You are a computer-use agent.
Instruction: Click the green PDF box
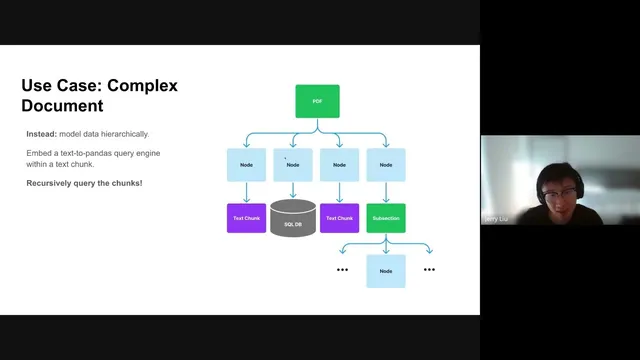[317, 101]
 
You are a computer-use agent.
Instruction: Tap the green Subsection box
[386, 218]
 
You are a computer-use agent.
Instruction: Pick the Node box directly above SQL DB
[293, 165]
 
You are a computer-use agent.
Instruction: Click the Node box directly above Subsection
[386, 165]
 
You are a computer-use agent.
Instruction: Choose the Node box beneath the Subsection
[386, 270]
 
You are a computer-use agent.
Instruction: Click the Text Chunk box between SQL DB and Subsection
[339, 218]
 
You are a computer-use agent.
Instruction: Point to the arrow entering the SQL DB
[293, 192]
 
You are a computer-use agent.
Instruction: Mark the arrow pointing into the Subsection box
[386, 195]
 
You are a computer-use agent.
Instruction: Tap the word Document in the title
[62, 105]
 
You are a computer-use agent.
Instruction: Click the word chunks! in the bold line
[126, 183]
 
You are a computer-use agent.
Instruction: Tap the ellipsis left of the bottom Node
[342, 270]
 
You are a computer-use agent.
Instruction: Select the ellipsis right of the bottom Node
[429, 270]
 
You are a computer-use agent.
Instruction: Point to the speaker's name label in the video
[497, 217]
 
